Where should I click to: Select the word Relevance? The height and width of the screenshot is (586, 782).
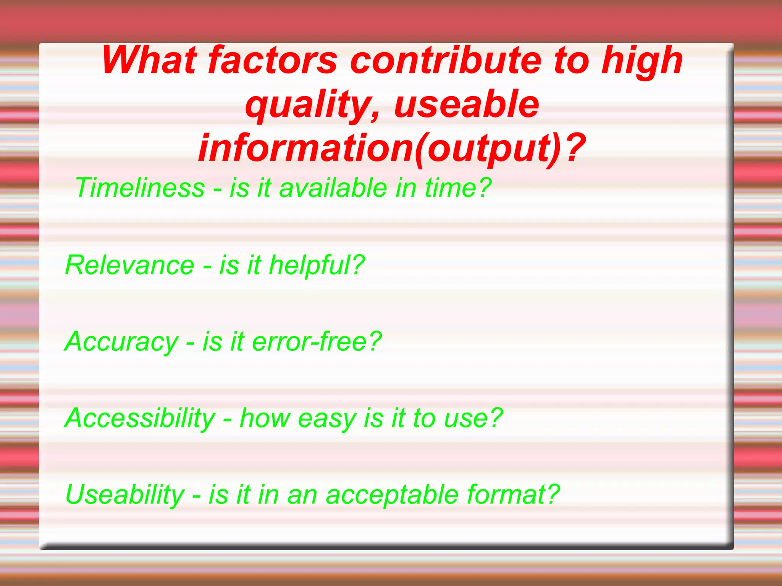(130, 265)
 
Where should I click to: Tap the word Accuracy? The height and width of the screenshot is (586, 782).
(121, 341)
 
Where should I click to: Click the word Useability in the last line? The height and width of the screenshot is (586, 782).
(125, 495)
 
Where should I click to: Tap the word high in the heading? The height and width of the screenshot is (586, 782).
(641, 61)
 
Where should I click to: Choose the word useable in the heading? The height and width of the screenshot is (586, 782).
(467, 104)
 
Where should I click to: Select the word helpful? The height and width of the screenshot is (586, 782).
(310, 265)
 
